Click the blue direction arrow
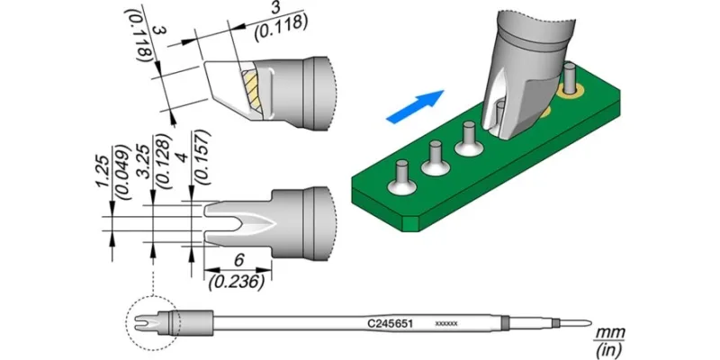(x=415, y=106)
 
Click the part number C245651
(x=391, y=324)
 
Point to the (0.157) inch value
(x=204, y=157)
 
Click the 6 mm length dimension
(x=238, y=260)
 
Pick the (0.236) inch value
(x=237, y=283)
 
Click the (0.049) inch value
(x=121, y=172)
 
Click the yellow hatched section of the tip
(x=252, y=90)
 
